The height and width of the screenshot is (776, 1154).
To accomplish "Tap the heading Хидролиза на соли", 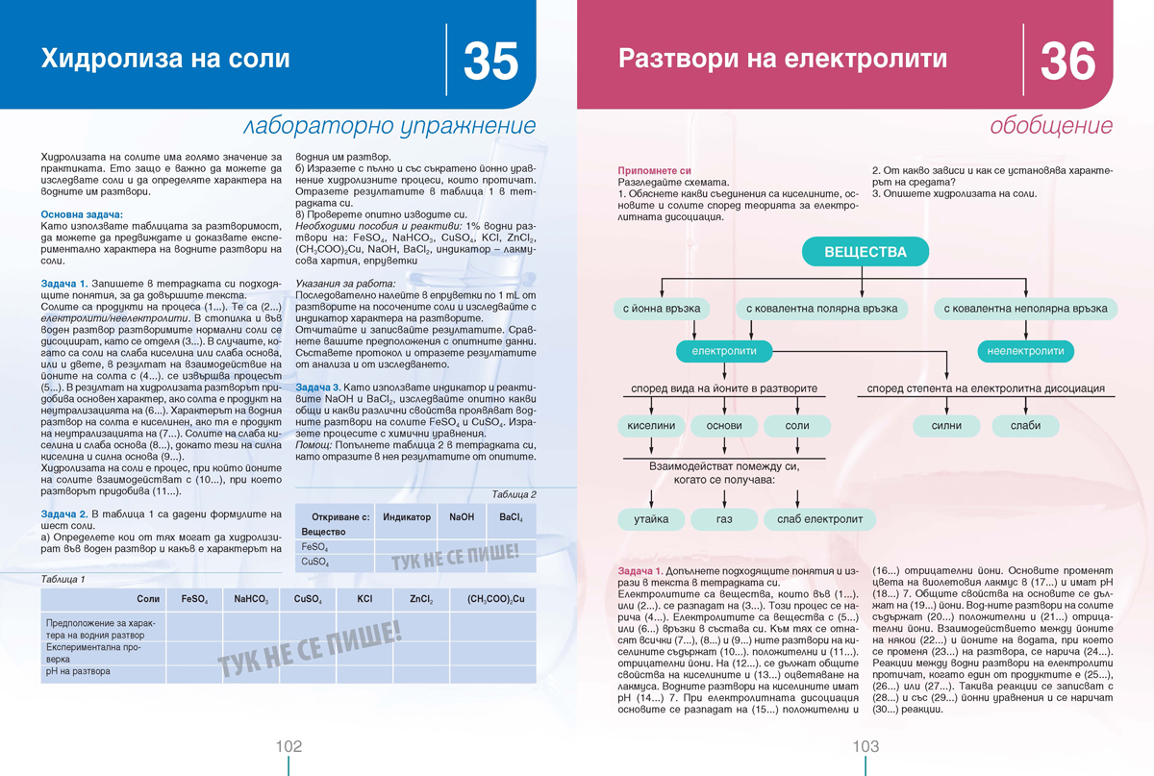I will point(164,60).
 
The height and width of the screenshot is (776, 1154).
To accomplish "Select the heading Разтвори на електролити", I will point(782,60).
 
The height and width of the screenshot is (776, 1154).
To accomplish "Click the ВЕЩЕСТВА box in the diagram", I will point(865,252).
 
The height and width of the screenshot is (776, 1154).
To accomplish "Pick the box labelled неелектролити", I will point(1025,351).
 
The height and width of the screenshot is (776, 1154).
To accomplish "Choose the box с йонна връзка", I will point(663,309).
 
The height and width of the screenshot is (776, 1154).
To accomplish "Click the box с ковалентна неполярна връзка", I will point(1025,309).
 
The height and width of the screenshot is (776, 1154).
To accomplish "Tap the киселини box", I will point(651,425).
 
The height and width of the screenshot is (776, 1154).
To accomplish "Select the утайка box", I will point(651,519).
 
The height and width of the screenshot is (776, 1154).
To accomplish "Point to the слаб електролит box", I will point(819,519).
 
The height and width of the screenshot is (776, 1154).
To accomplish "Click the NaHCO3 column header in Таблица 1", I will point(251,599).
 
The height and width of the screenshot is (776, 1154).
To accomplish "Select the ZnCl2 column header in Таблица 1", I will point(420,599).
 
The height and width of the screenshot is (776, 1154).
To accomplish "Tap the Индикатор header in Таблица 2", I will point(406,517).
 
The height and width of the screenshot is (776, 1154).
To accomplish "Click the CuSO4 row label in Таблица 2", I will point(315,562).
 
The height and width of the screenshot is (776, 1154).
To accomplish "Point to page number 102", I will point(288,747).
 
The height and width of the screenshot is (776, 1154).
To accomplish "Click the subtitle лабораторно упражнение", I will point(389,126).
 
